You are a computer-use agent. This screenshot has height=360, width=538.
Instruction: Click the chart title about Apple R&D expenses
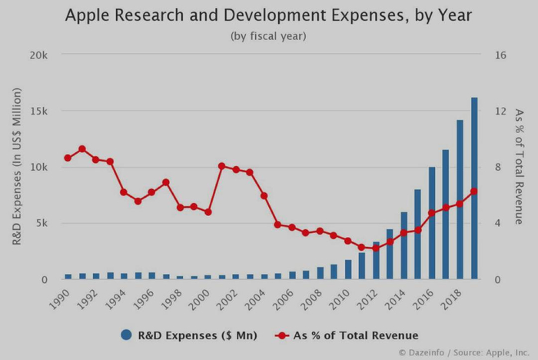(x=268, y=15)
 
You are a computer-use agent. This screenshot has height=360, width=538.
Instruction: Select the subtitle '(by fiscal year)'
(x=268, y=36)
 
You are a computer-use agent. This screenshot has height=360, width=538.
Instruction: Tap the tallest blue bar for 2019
(x=474, y=188)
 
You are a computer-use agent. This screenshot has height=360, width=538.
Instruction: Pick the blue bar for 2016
(x=432, y=223)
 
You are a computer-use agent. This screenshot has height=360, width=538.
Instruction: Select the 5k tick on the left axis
(x=41, y=224)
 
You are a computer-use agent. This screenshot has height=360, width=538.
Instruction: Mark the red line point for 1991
(x=81, y=149)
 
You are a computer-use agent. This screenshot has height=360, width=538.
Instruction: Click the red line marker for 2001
(x=221, y=166)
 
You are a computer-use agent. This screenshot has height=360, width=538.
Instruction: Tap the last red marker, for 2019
(x=474, y=192)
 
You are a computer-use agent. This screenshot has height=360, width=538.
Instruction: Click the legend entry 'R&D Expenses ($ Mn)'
(x=188, y=335)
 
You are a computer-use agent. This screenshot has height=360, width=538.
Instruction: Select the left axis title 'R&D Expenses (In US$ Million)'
(x=17, y=166)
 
